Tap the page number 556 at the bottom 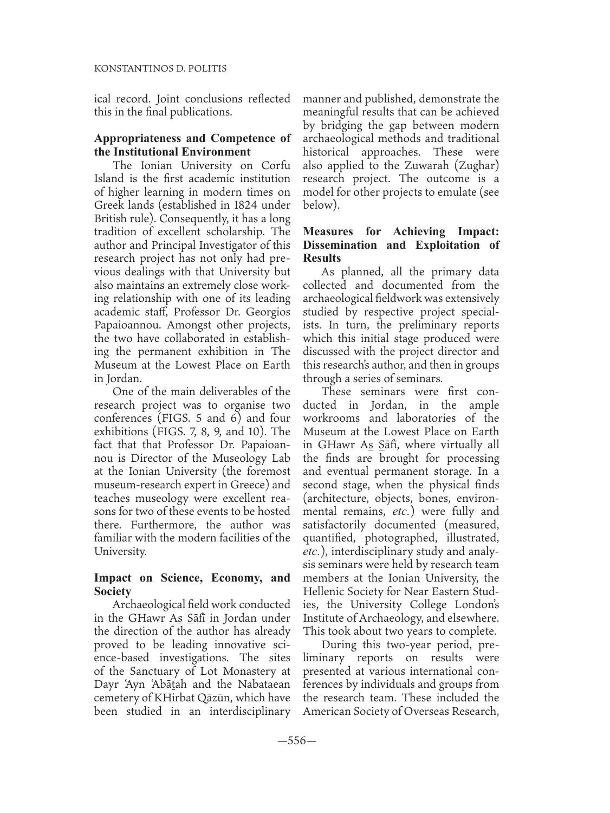point(297,741)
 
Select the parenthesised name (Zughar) point(474,165)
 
